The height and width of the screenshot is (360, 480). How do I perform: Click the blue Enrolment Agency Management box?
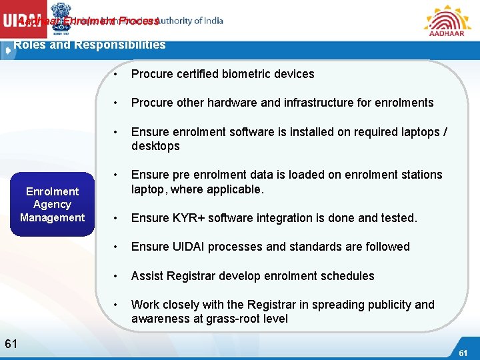pos(52,205)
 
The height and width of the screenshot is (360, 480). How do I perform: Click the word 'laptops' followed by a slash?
pos(418,132)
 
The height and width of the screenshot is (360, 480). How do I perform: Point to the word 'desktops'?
pos(155,146)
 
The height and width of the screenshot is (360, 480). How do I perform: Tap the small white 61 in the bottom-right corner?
pos(463,352)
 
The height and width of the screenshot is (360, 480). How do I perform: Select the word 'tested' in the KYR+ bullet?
pos(397,218)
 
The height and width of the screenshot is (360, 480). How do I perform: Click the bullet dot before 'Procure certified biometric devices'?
pos(116,74)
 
